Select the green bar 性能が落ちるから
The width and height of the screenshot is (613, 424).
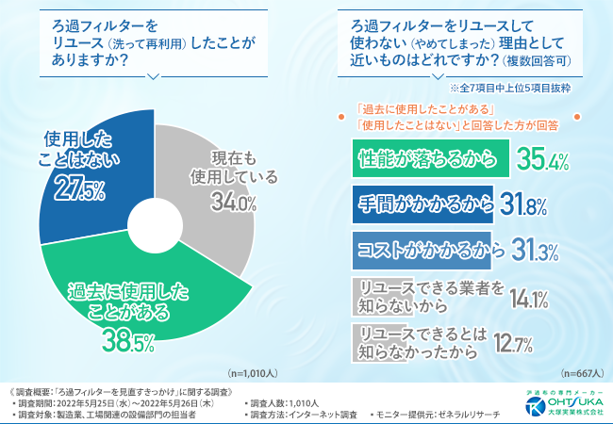(430, 159)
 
